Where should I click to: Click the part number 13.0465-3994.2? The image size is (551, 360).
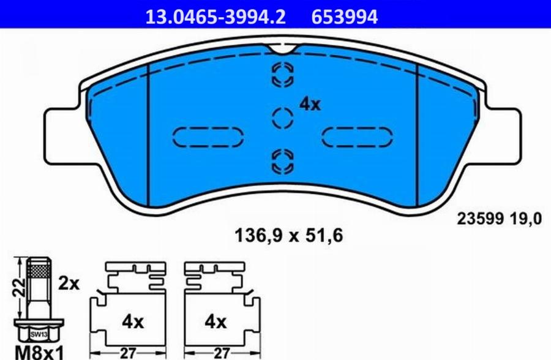point(215,17)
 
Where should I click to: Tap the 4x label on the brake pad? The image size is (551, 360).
point(310,105)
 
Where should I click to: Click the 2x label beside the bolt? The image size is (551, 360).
point(70,283)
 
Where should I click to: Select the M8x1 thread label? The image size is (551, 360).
point(39,352)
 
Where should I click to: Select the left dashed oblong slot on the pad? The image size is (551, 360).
point(208,137)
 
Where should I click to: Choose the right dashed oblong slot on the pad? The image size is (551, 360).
point(356,137)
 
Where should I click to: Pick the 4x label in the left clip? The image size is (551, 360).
point(132,321)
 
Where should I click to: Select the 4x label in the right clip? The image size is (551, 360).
point(215,321)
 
